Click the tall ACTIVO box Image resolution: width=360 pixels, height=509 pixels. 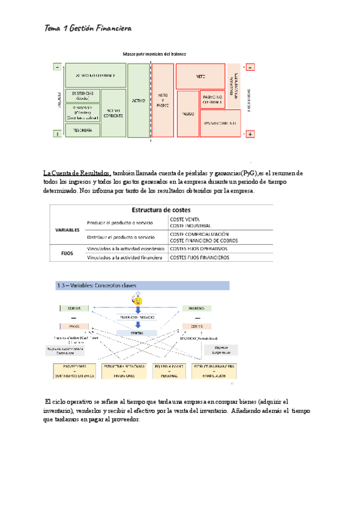pos(138,100)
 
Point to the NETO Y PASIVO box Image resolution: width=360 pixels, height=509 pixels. pos(163,100)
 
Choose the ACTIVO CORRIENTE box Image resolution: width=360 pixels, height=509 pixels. pos(113,112)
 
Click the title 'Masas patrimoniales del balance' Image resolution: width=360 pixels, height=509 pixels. pos(154,54)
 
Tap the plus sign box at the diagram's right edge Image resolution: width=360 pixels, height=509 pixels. pos(250,134)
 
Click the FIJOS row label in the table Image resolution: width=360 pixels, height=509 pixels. pos(68,253)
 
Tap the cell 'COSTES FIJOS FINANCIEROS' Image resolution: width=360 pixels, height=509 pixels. pos(200,258)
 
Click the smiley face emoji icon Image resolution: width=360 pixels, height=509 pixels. pos(138,298)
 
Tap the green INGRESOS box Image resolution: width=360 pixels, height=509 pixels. pos(205,309)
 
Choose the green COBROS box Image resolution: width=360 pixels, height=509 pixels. pos(74,309)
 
